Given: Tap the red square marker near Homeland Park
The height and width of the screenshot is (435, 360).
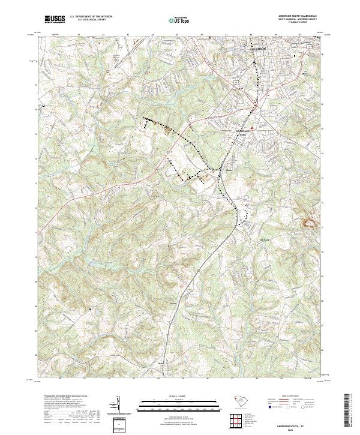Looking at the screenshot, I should coord(253,127).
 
